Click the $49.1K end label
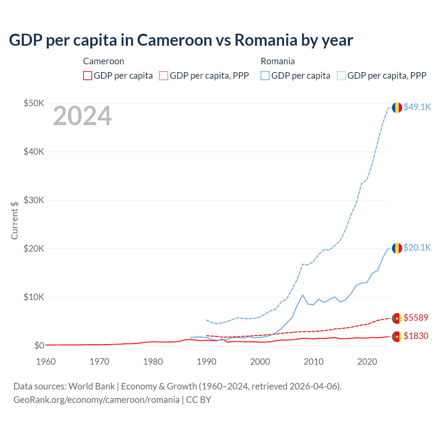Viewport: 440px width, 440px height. pos(417,107)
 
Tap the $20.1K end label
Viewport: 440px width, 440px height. pos(417,248)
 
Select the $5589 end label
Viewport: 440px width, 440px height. pos(416,318)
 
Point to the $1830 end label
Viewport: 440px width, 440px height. pos(416,336)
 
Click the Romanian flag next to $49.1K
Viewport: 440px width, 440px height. pos(397,108)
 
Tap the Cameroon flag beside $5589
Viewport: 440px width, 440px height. pos(397,318)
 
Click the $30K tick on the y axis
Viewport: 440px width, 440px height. pos(34,200)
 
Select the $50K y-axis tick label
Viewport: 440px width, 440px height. pos(34,103)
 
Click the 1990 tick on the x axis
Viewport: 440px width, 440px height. pos(207,362)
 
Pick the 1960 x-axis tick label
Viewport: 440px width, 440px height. pos(46,362)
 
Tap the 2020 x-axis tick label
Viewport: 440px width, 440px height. pos(367,362)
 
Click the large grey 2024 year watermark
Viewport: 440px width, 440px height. pos(82,116)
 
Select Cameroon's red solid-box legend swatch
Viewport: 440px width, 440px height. pos(88,76)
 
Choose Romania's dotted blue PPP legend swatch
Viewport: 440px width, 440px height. pos(341,76)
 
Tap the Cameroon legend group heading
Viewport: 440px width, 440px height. pos(103,62)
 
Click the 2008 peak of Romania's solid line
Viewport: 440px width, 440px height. pos(302,295)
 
